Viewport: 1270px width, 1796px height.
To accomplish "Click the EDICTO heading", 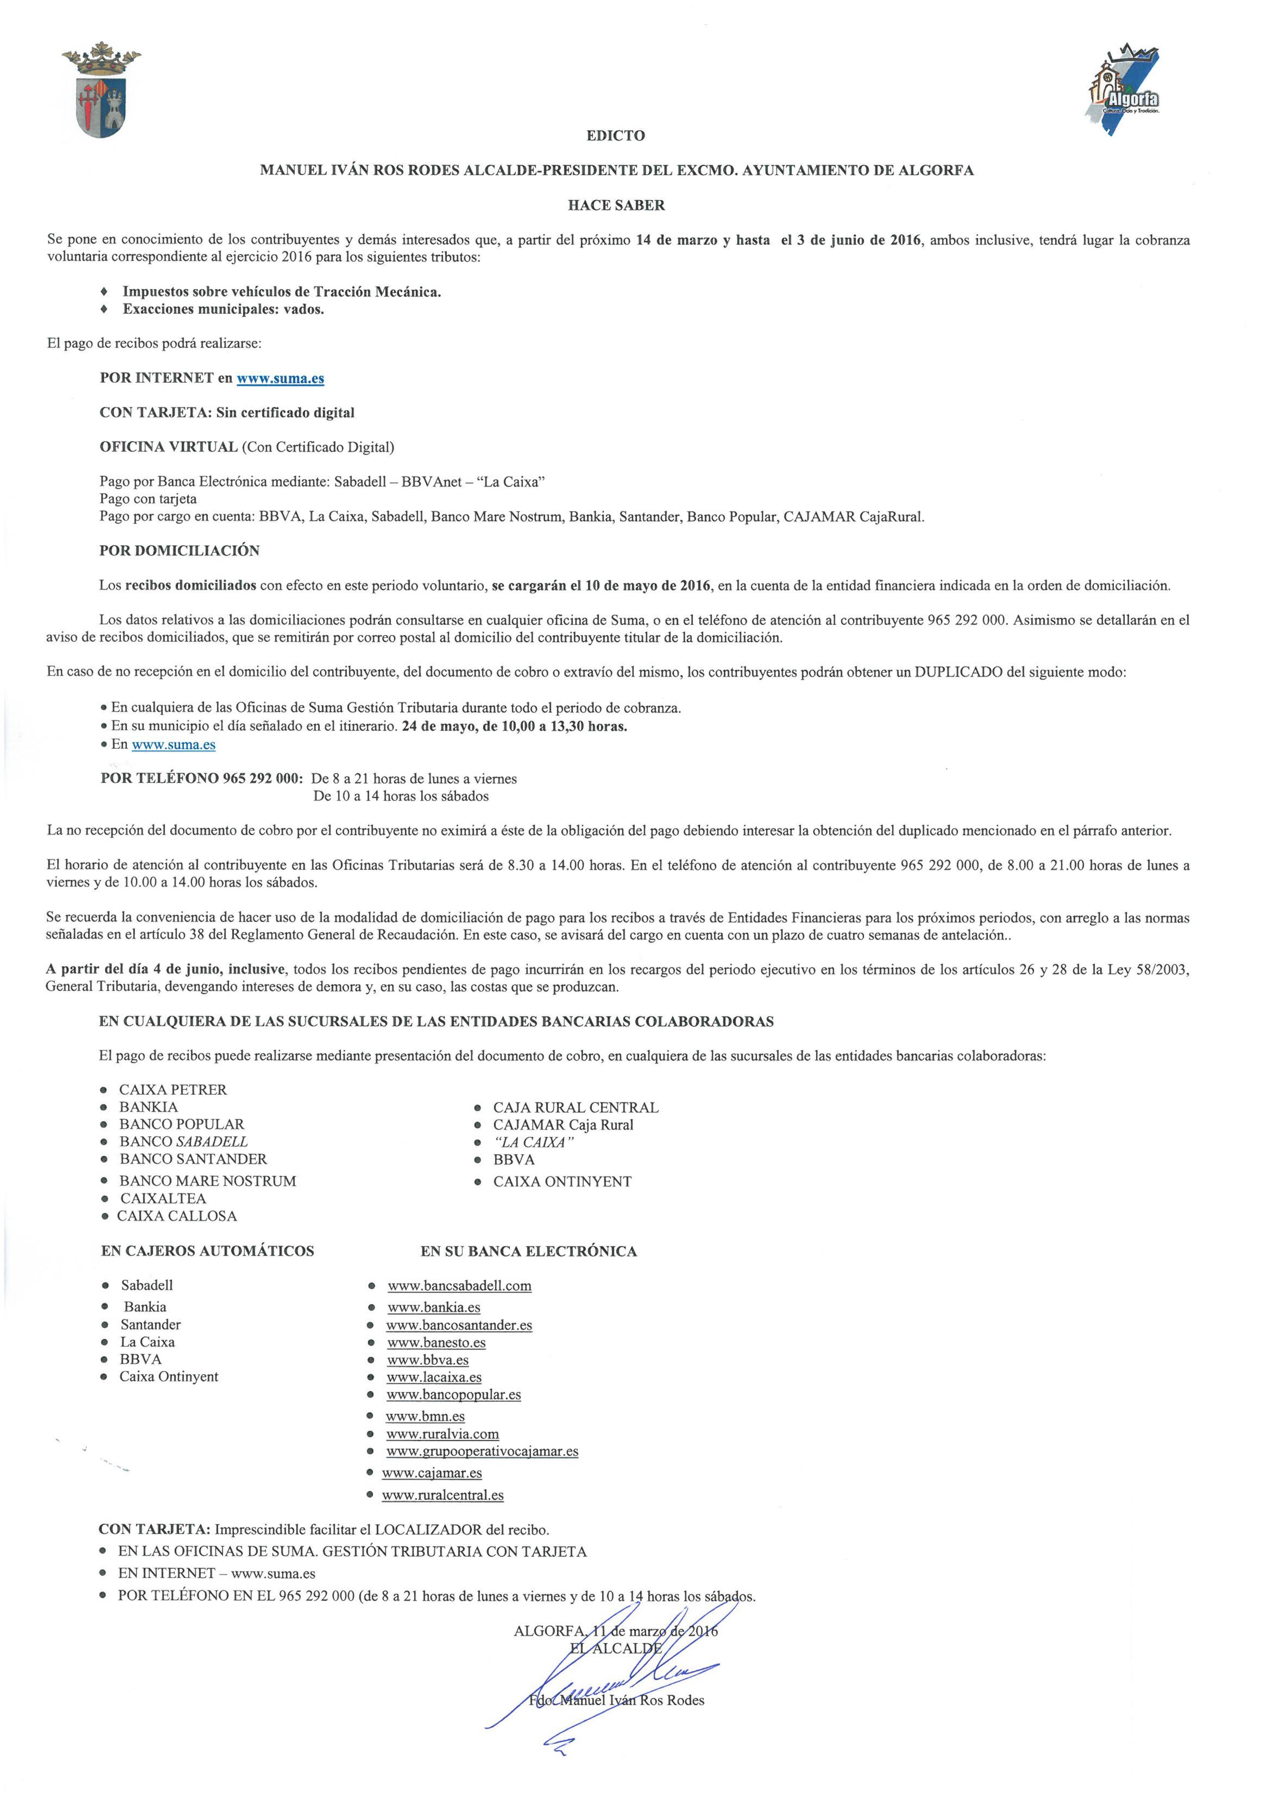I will pos(615,135).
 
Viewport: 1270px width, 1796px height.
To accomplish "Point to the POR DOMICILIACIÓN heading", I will pos(179,551).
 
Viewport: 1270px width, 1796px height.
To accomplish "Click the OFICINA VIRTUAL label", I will pos(168,447).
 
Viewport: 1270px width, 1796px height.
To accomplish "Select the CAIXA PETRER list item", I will pos(173,1090).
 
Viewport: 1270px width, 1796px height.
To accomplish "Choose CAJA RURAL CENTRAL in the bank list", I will pos(576,1108).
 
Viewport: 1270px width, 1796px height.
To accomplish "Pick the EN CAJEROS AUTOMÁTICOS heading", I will pos(207,1251).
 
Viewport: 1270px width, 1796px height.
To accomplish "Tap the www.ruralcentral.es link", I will pos(443,1496).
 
